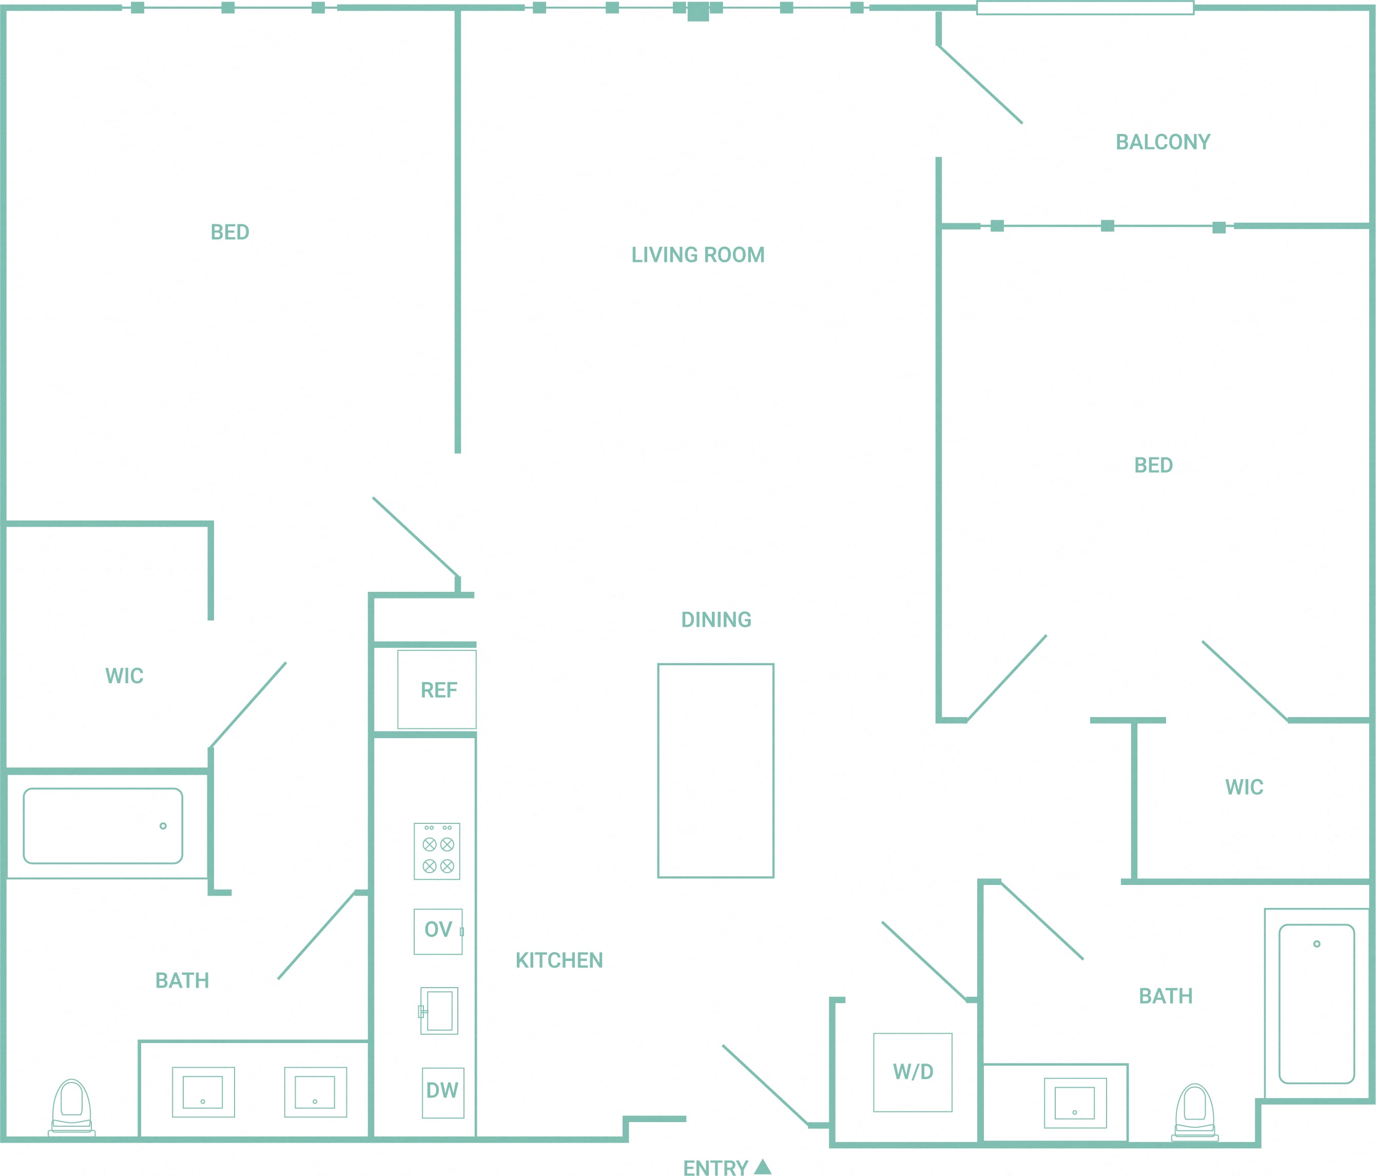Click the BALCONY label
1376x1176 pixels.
1163,142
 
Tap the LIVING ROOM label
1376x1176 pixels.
698,255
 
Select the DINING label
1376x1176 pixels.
716,620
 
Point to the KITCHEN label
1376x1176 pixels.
559,960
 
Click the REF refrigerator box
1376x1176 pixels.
437,689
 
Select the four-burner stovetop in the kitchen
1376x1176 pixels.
437,851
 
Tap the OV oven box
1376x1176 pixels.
438,932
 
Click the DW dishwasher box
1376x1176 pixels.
443,1093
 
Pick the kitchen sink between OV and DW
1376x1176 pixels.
438,1011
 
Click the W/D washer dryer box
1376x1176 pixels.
913,1072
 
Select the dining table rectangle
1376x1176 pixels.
716,770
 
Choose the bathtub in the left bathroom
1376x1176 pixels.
103,826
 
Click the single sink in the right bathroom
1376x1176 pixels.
1075,1103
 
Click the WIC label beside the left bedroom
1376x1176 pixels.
124,676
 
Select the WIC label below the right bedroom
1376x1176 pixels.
1244,787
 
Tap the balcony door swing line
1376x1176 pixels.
980,84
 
